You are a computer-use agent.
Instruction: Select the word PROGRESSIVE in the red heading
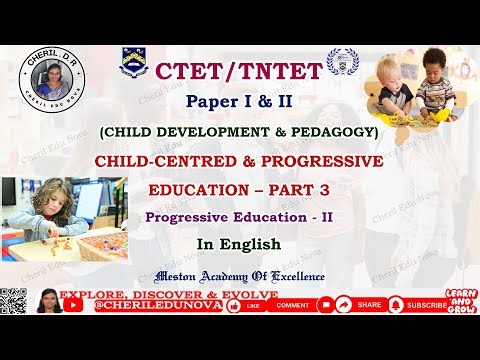pyautogui.click(x=311, y=160)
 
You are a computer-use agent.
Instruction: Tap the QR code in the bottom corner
pyautogui.click(x=13, y=302)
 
